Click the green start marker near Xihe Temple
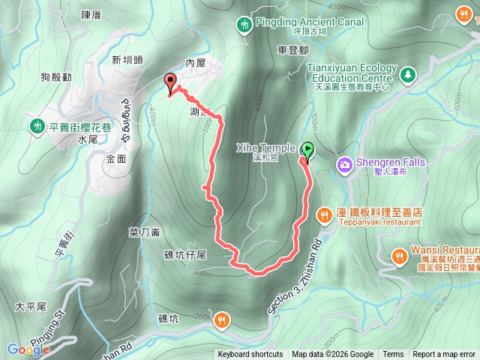[307, 150]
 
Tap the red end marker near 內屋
[169, 82]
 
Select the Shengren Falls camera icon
[344, 163]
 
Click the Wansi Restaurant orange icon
[398, 256]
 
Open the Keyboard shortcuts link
[250, 355]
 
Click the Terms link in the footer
[393, 355]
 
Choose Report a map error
[444, 355]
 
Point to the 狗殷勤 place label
[57, 76]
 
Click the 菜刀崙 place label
[144, 232]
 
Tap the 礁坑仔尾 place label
[190, 255]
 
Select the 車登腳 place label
[292, 49]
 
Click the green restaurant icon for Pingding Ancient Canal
[244, 25]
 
